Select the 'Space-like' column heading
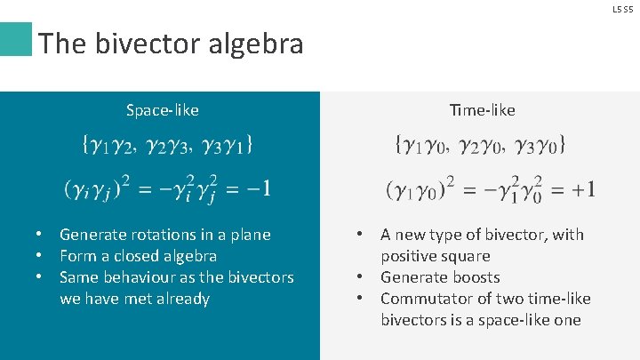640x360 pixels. point(162,110)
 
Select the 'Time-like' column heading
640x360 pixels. point(482,110)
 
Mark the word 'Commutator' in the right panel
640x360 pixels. point(425,299)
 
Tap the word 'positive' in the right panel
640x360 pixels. point(408,256)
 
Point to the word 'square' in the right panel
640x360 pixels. point(465,256)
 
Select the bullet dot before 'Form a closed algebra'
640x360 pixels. point(40,256)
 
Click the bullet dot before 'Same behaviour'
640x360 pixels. point(40,277)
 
